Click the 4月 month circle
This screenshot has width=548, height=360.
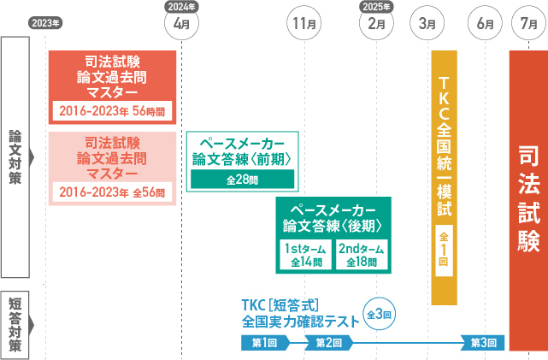(181, 22)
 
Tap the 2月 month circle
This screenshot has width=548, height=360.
(377, 22)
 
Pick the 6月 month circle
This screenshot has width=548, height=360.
(485, 22)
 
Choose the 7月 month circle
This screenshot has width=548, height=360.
(528, 22)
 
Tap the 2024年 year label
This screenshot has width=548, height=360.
(181, 5)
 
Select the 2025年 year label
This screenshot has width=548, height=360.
(377, 5)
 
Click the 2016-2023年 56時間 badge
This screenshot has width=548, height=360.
(113, 110)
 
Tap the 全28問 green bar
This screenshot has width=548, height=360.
(242, 180)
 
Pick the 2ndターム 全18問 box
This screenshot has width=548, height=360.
(361, 232)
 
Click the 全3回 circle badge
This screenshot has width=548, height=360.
(380, 315)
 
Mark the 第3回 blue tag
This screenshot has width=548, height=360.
(484, 343)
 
